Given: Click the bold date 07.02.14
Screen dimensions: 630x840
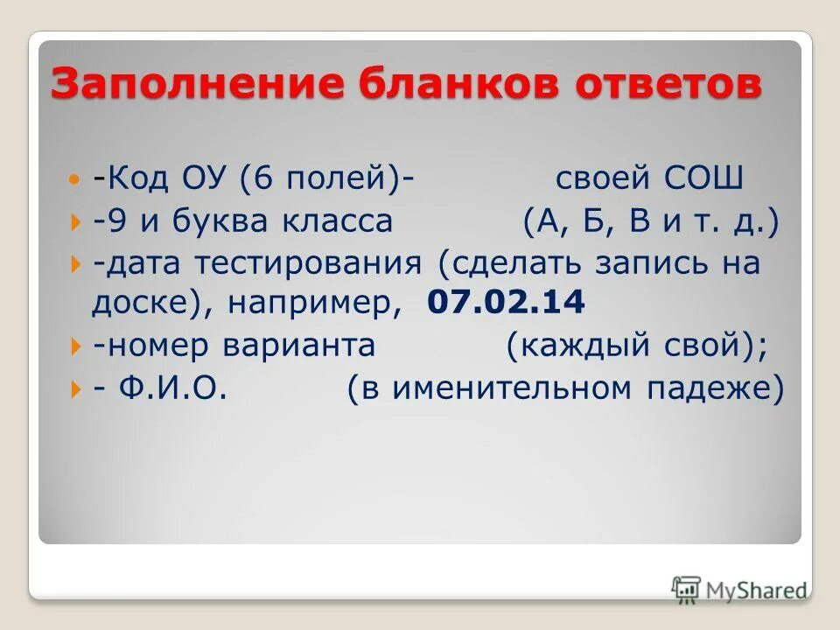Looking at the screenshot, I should pyautogui.click(x=506, y=304).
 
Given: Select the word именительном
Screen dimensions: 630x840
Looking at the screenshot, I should pyautogui.click(x=516, y=388).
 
